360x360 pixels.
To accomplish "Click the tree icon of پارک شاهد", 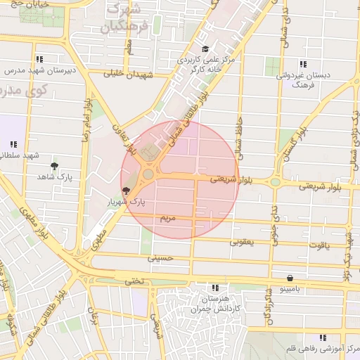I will pyautogui.click(x=54, y=166).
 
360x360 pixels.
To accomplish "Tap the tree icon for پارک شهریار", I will pyautogui.click(x=126, y=190).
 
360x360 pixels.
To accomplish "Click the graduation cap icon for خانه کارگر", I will pyautogui.click(x=205, y=49).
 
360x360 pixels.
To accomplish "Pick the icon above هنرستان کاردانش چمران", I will pyautogui.click(x=215, y=288).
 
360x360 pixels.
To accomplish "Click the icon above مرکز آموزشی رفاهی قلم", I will pyautogui.click(x=322, y=337).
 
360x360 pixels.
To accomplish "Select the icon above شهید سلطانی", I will pyautogui.click(x=13, y=144).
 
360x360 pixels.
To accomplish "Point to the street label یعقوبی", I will pyautogui.click(x=241, y=242).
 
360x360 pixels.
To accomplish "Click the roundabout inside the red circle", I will pyautogui.click(x=148, y=174).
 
